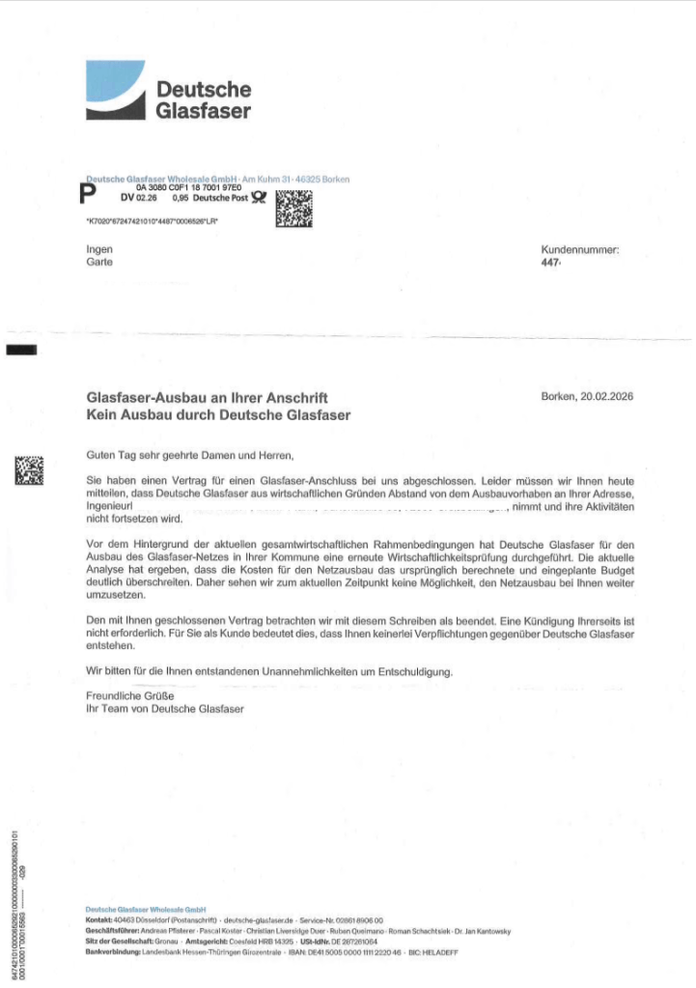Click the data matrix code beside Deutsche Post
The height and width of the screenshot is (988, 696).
click(294, 208)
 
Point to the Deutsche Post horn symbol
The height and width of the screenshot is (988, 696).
click(258, 198)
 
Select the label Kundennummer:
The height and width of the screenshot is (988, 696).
click(580, 249)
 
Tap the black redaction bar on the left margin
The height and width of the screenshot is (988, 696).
click(22, 350)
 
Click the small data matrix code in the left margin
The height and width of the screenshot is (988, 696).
click(29, 469)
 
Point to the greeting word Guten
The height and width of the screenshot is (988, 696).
click(101, 454)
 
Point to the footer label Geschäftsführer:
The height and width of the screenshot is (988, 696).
click(107, 931)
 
